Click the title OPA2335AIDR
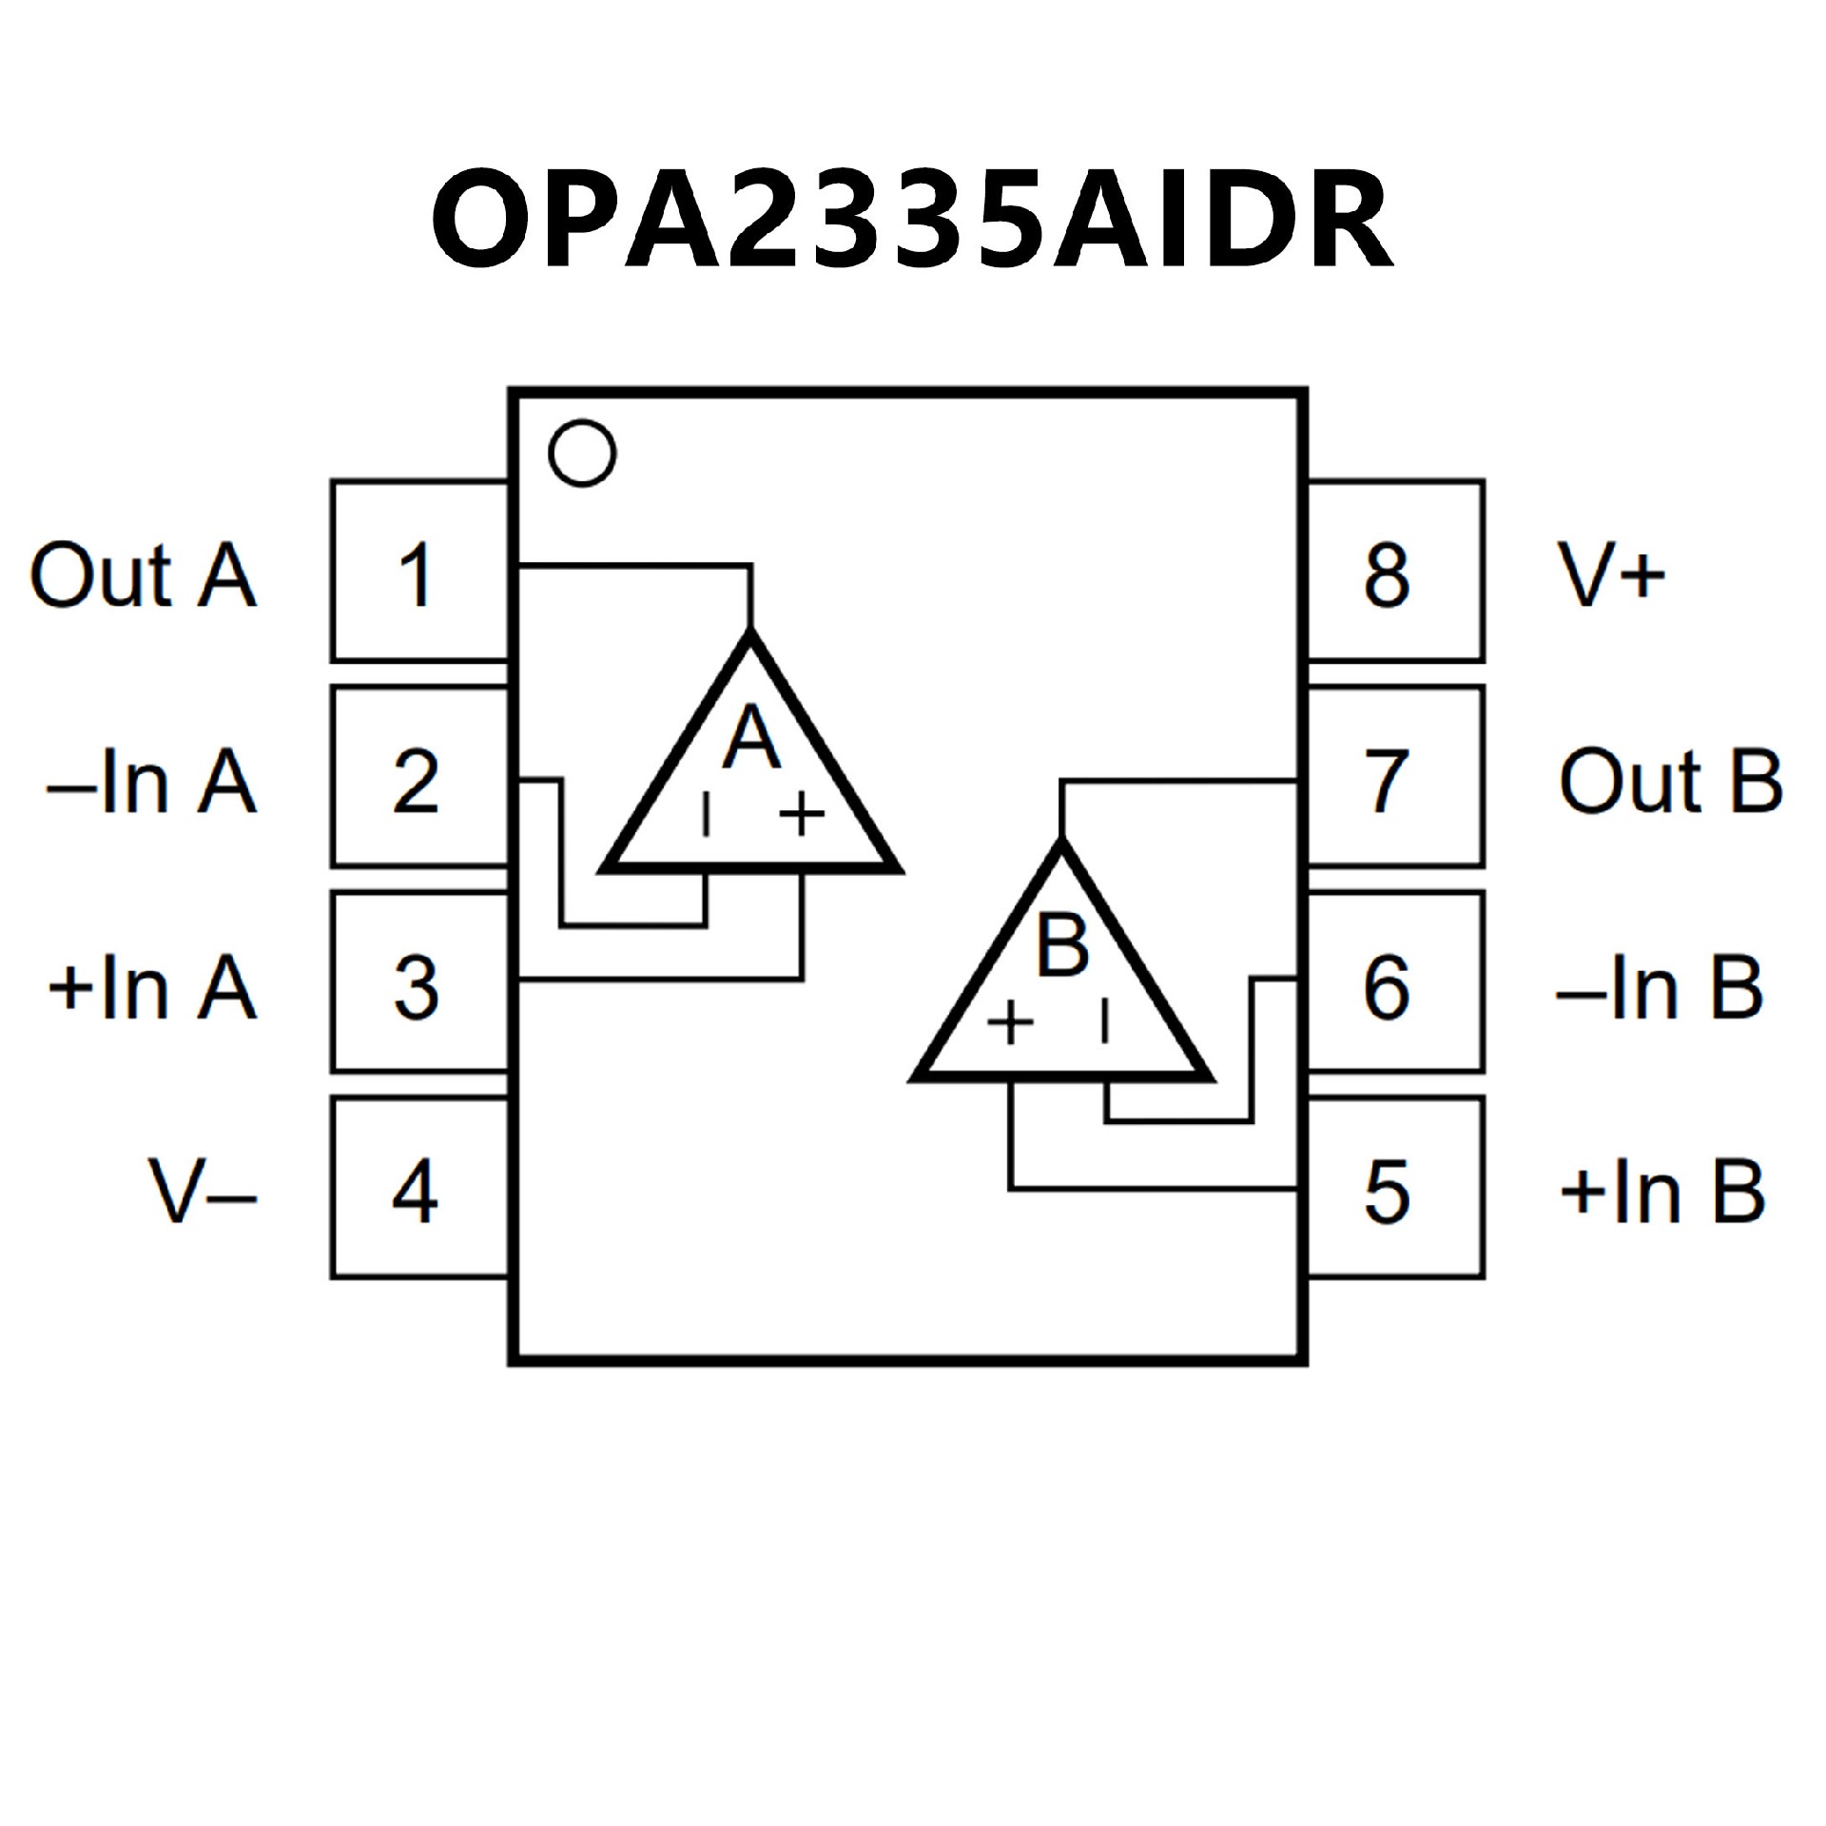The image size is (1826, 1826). coord(911,222)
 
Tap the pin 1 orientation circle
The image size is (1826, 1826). coord(582,453)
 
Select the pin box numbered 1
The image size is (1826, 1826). coord(418,573)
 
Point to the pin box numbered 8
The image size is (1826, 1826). coord(1394,573)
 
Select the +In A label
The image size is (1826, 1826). coord(152,988)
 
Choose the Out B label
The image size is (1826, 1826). coord(1670,782)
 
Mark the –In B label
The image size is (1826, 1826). coord(1661,988)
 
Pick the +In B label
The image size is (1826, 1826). coord(1662,1193)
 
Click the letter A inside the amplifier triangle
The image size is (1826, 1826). coord(751,737)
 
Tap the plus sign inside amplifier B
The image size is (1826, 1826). coord(1010,1023)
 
